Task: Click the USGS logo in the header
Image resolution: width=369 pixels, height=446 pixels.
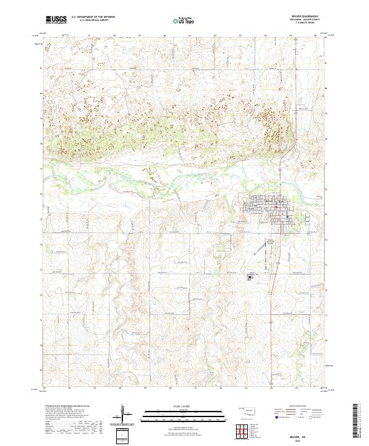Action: [x=56, y=20]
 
